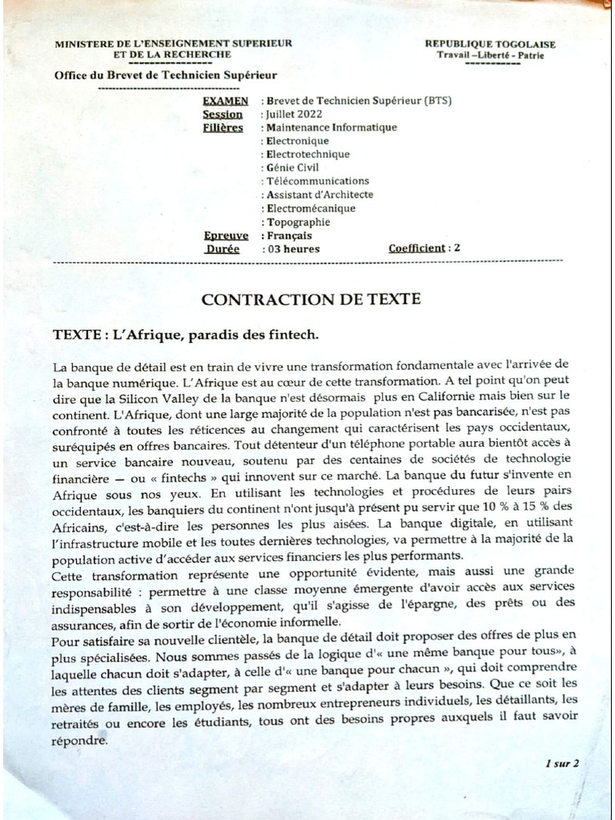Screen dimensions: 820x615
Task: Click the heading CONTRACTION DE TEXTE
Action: pyautogui.click(x=311, y=299)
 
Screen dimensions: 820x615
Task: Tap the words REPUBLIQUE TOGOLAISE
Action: pyautogui.click(x=489, y=44)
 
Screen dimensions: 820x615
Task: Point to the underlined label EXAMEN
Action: pyautogui.click(x=225, y=101)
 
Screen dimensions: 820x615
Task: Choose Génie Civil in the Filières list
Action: pyautogui.click(x=292, y=167)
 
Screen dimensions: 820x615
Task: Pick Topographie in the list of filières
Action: pyautogui.click(x=298, y=222)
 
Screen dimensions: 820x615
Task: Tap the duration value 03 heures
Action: pyautogui.click(x=293, y=248)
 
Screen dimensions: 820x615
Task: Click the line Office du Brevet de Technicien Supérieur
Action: pyautogui.click(x=165, y=75)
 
